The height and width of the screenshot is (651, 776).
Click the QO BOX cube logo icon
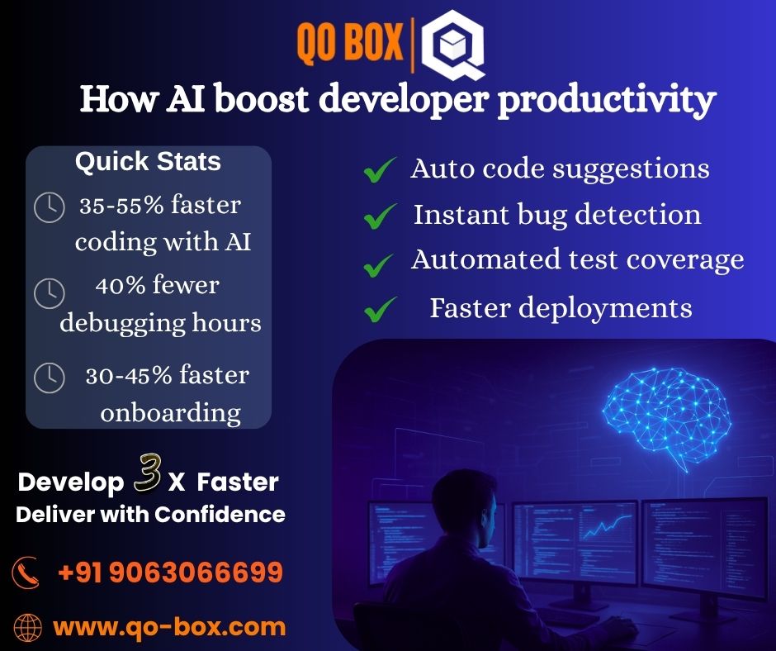[452, 48]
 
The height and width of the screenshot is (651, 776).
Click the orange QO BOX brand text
[350, 40]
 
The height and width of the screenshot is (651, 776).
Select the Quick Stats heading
[148, 161]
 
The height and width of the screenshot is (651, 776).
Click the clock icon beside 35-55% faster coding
[49, 207]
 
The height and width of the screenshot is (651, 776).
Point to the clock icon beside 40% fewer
[49, 292]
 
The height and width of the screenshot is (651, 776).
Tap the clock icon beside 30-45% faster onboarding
[49, 377]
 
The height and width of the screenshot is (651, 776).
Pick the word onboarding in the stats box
[170, 411]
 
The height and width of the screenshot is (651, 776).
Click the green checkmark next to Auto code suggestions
[380, 170]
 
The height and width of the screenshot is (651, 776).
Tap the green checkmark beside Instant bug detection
[380, 216]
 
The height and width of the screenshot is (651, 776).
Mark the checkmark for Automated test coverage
[380, 264]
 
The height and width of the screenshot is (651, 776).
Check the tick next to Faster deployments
[380, 311]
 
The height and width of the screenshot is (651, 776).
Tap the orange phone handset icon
[26, 572]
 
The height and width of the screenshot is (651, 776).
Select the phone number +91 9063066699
[170, 572]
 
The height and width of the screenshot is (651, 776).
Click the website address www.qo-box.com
[169, 626]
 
